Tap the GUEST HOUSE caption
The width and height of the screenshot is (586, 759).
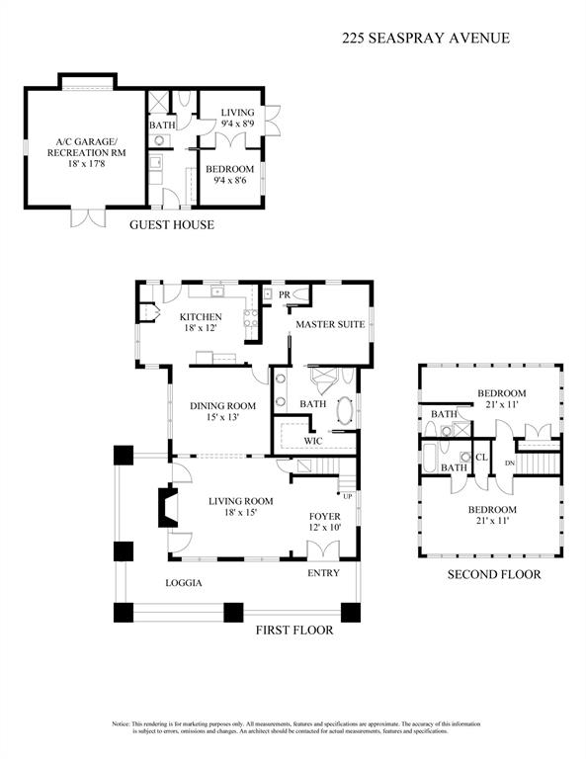pyautogui.click(x=172, y=225)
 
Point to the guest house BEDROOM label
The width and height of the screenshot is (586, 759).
pyautogui.click(x=231, y=174)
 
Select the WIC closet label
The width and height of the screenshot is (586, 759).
pyautogui.click(x=313, y=441)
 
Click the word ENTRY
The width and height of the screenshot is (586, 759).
pyautogui.click(x=323, y=573)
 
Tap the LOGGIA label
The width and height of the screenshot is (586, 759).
pyautogui.click(x=183, y=583)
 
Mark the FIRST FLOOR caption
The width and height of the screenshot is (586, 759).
pyautogui.click(x=293, y=631)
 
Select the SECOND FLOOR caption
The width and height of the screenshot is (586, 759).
pyautogui.click(x=494, y=574)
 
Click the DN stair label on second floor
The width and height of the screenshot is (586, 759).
pyautogui.click(x=510, y=463)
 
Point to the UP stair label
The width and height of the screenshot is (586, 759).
pyautogui.click(x=348, y=495)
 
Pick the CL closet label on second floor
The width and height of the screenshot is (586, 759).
pyautogui.click(x=481, y=458)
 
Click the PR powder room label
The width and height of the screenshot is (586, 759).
pyautogui.click(x=284, y=295)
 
